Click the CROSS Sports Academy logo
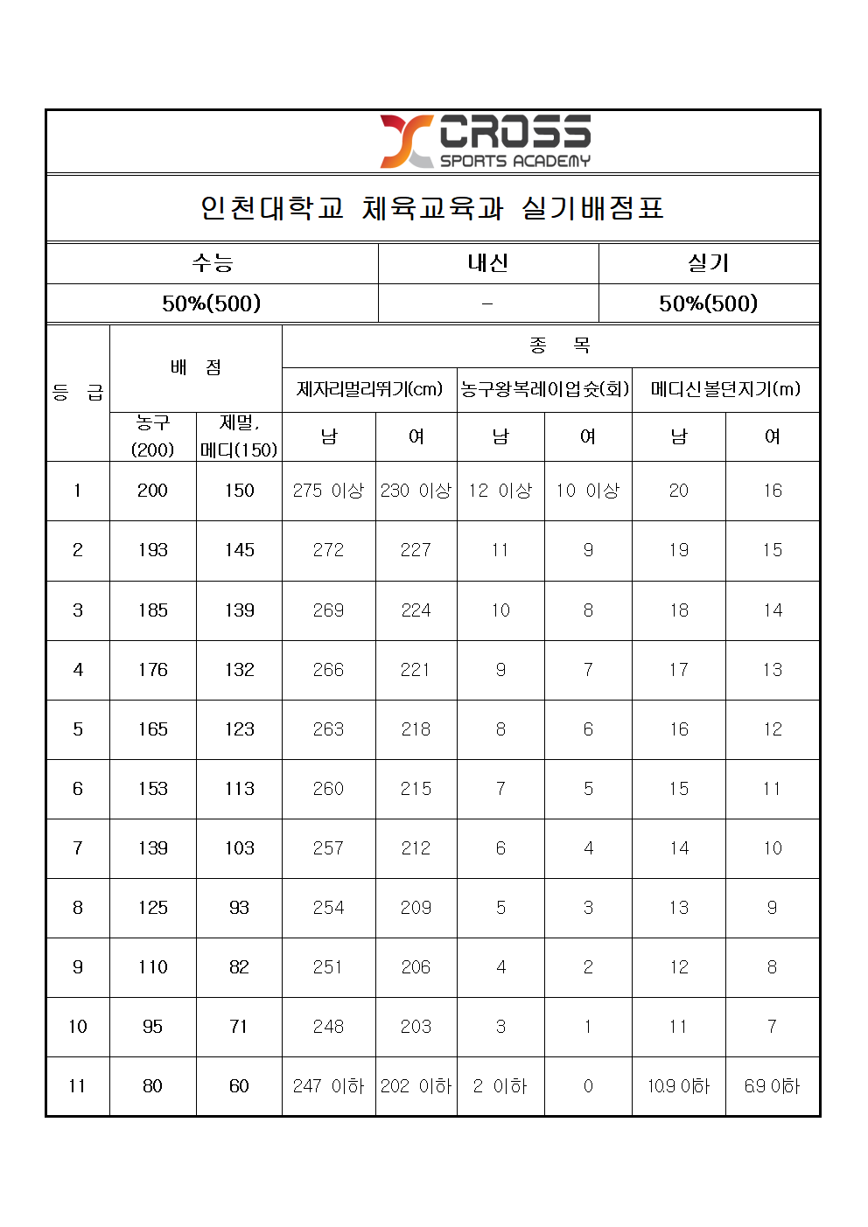(x=486, y=141)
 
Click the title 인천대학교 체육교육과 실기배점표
(x=432, y=208)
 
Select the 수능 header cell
(x=212, y=262)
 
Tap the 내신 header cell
(x=487, y=262)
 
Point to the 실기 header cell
(x=708, y=262)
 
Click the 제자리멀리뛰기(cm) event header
(x=369, y=389)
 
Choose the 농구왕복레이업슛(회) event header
(x=544, y=389)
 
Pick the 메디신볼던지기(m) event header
(x=724, y=389)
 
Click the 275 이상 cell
(x=328, y=491)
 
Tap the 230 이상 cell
(x=416, y=491)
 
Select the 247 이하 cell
(x=328, y=1086)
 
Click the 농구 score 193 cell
(x=152, y=550)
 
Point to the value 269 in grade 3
(x=328, y=610)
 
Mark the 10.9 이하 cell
(x=678, y=1086)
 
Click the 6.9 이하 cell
(x=772, y=1086)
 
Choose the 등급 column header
(x=78, y=393)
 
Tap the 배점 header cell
(x=195, y=367)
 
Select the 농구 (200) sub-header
(x=152, y=436)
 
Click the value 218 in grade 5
(x=416, y=729)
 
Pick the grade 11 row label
(x=78, y=1086)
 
